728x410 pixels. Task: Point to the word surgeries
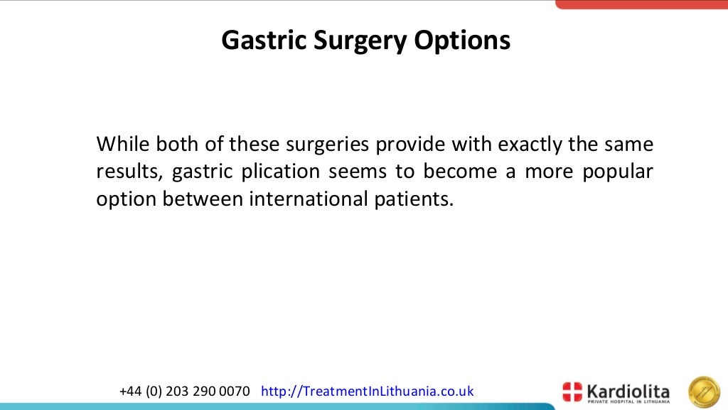coord(328,144)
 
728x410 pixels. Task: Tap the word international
coord(307,199)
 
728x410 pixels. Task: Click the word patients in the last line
coord(413,199)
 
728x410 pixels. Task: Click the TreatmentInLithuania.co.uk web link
coord(368,391)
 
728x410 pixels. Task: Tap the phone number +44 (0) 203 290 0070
coord(185,391)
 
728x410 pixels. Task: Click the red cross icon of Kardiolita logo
coord(572,391)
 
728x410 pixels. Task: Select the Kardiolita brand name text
coord(628,389)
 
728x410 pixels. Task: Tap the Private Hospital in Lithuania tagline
coord(628,401)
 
